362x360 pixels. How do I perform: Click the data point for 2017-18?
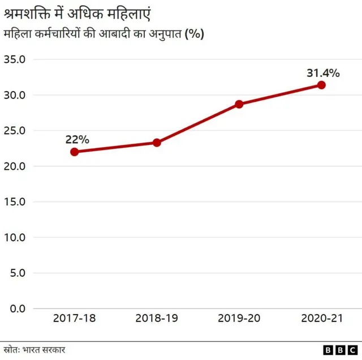pos(74,152)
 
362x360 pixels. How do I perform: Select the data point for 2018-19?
pos(157,143)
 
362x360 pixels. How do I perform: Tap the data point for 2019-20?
pos(239,104)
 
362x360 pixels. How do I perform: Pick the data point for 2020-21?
pos(321,85)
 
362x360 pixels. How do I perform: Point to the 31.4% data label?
pos(323,73)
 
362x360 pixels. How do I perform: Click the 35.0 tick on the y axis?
pos(15,59)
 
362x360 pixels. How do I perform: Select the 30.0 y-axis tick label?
pos(15,95)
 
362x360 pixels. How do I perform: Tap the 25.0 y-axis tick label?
pos(15,131)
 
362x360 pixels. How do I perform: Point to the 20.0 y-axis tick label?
pos(15,166)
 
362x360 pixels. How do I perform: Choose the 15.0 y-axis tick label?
pos(15,202)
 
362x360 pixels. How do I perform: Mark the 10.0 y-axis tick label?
pos(15,238)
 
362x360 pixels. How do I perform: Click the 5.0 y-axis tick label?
pos(18,273)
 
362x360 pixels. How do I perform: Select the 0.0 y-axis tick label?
pos(18,308)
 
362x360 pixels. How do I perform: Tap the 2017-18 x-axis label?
pos(74,319)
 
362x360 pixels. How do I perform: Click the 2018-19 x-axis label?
pos(157,319)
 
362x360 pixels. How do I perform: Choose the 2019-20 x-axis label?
pos(239,319)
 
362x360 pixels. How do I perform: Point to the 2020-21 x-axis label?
pos(321,319)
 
